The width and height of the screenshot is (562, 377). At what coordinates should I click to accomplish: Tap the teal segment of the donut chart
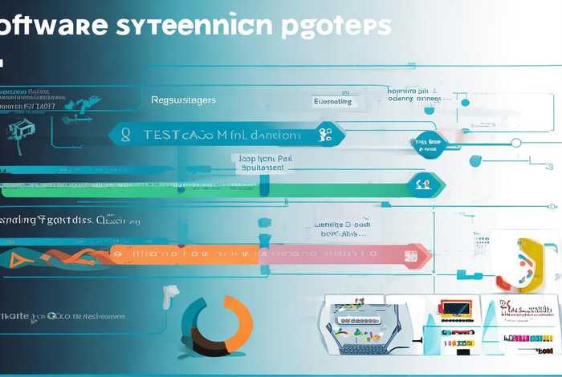(x=193, y=317)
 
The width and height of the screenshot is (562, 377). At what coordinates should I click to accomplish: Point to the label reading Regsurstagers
(x=183, y=101)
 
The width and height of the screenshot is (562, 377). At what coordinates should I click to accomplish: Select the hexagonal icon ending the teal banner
(x=326, y=135)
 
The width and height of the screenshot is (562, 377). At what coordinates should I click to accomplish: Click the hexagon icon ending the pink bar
(x=410, y=256)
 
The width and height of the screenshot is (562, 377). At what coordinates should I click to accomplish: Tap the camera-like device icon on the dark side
(x=18, y=130)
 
